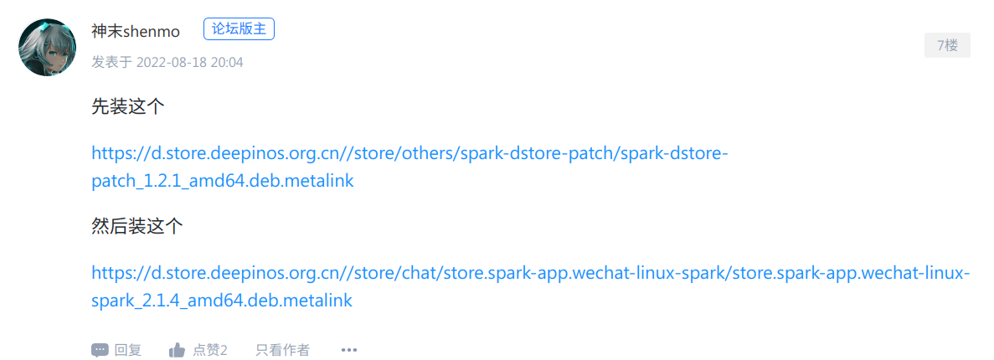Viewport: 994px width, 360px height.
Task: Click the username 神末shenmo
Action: point(136,31)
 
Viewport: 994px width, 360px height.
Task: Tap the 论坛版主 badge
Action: point(239,29)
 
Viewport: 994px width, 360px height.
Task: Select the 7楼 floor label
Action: point(947,45)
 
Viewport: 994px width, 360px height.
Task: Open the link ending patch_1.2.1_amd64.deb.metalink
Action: point(223,181)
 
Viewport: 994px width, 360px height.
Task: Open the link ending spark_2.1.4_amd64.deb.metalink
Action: point(222,300)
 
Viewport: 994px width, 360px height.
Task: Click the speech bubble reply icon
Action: point(100,350)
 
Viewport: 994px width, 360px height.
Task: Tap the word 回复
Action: point(128,350)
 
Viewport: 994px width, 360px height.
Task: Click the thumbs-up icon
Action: point(177,350)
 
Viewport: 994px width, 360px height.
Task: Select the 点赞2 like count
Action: point(210,350)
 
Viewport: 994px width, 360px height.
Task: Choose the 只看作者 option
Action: point(282,350)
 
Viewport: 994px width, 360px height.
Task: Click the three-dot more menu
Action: point(349,350)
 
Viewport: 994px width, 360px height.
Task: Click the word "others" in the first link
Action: point(426,155)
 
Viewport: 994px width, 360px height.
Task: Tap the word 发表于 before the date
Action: point(111,62)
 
